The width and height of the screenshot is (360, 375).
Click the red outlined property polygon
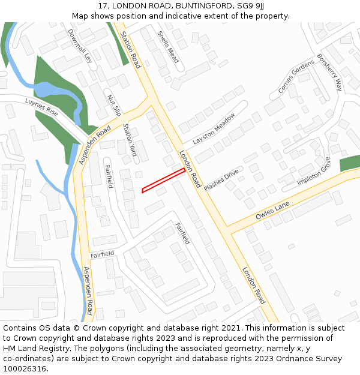point(163,181)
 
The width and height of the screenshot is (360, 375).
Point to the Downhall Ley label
point(80,46)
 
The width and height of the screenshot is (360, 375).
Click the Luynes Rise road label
point(41,107)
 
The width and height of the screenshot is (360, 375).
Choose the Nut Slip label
point(113,105)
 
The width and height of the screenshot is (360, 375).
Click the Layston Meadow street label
point(214,130)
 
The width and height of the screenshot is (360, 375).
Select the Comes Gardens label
point(296,76)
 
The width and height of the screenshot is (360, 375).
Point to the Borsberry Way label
point(329,72)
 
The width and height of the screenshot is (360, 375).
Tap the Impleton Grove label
point(314,171)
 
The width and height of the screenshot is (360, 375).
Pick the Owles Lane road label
point(272,210)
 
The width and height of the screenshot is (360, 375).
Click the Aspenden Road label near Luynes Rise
point(95,145)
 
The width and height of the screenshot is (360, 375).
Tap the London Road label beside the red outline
point(190,169)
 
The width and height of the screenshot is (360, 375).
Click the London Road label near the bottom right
point(253,286)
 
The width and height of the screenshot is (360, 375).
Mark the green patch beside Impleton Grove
point(349,163)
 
